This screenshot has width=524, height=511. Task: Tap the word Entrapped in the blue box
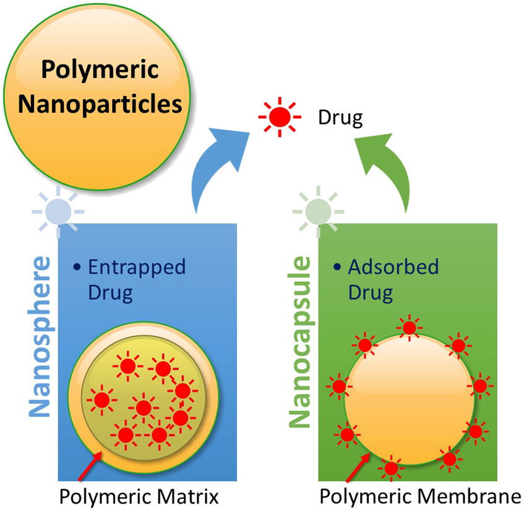tap(137, 267)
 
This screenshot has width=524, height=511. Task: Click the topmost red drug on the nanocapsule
tap(409, 328)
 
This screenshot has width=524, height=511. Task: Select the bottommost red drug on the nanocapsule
tap(391, 469)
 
